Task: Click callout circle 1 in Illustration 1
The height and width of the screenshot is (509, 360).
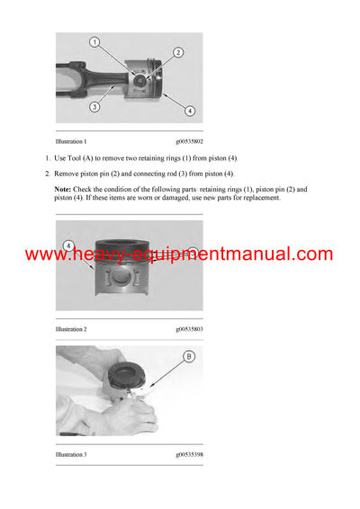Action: (94, 43)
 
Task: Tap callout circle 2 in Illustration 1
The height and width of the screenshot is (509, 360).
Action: (178, 53)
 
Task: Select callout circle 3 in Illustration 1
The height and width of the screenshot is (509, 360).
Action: (94, 107)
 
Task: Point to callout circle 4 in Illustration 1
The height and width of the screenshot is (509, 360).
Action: (190, 111)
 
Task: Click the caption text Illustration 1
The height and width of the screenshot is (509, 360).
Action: (71, 142)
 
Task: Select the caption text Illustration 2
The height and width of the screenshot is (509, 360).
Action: (71, 330)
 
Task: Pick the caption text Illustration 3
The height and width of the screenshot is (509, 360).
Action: (71, 455)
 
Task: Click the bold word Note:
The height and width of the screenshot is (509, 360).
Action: (62, 190)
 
